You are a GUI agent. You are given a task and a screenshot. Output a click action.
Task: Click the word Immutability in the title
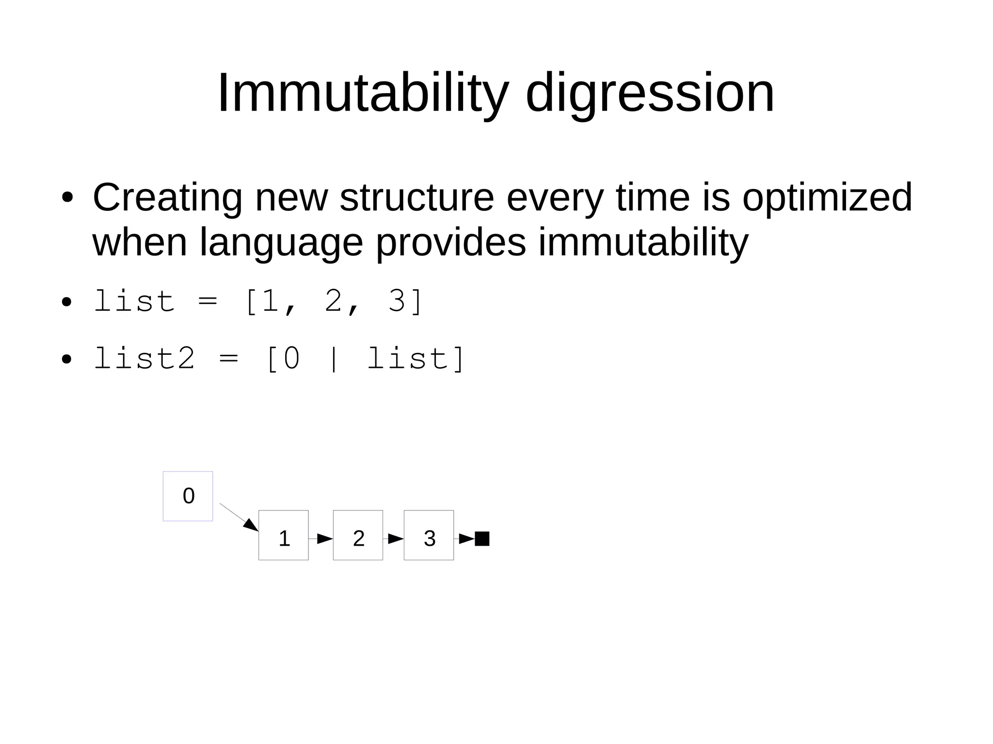click(x=363, y=94)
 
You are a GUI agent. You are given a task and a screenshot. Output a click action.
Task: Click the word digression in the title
click(x=650, y=94)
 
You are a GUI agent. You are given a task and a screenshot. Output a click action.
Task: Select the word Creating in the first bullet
click(x=167, y=198)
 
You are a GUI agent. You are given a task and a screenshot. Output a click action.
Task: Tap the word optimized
click(x=827, y=198)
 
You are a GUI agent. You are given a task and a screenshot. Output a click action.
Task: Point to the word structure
click(x=416, y=198)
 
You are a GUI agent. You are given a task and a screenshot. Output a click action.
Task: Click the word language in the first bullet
click(x=281, y=243)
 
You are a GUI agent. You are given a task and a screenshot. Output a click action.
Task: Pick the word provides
click(x=450, y=243)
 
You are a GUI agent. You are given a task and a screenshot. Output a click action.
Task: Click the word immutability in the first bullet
click(x=643, y=243)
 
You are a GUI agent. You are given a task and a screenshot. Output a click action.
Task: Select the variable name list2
click(x=144, y=359)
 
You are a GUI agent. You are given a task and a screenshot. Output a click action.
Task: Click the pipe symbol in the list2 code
click(x=333, y=359)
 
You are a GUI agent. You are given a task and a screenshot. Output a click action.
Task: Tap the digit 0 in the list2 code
click(x=291, y=359)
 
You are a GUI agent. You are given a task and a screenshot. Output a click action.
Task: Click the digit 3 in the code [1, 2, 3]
click(x=397, y=301)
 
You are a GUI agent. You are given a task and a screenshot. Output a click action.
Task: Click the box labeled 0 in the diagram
click(x=188, y=496)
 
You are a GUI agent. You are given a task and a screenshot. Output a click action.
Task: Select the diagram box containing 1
click(x=283, y=535)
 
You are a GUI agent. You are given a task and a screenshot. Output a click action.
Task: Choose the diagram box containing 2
click(x=358, y=535)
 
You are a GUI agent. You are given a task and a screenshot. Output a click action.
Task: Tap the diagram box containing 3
click(x=429, y=535)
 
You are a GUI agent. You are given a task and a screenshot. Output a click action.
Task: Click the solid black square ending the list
click(x=482, y=538)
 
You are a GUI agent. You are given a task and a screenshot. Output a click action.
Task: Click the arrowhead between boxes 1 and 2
click(x=324, y=538)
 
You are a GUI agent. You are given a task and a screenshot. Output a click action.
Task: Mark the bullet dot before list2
click(x=67, y=360)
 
